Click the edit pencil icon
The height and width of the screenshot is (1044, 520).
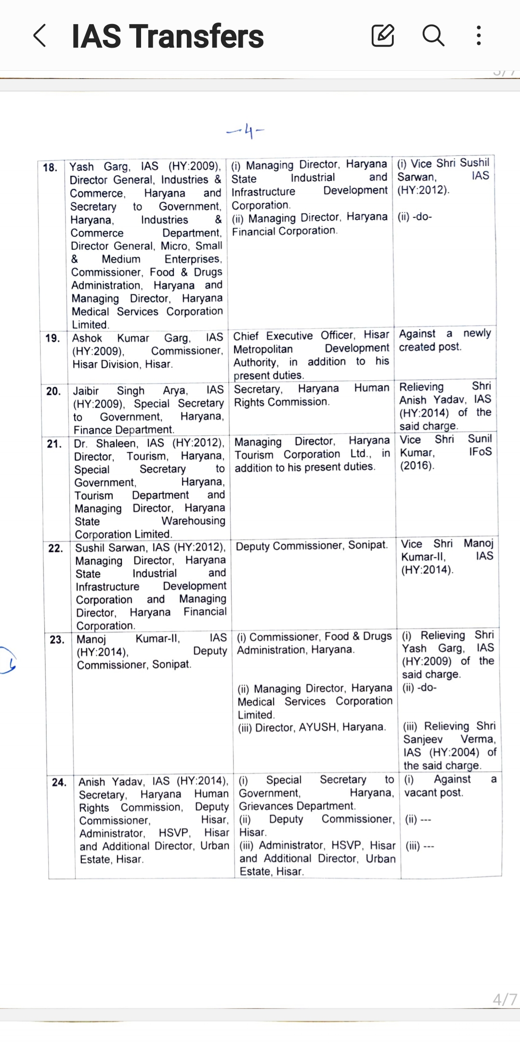point(383,36)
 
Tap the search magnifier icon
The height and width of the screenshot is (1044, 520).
point(433,36)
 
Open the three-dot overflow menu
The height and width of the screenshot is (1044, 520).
point(478,36)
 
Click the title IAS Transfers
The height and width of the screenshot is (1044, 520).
point(168,37)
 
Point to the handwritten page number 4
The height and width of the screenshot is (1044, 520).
point(247,131)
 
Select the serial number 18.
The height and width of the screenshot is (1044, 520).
point(50,168)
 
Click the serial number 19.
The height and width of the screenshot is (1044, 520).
point(52,338)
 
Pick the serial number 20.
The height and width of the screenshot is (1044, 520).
point(53,391)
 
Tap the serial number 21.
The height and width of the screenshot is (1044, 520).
point(54,444)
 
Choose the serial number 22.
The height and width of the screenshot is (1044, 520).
point(55,548)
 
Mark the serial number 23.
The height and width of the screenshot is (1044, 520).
point(57,640)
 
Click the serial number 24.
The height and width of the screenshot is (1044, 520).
point(59,782)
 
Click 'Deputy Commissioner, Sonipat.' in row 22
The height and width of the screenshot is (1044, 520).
point(312,545)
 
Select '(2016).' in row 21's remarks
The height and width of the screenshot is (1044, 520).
point(417,465)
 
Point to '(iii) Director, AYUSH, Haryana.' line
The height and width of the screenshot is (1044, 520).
point(312,727)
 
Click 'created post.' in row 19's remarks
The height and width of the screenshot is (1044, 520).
point(430,347)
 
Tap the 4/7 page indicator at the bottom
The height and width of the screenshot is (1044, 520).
point(504,1000)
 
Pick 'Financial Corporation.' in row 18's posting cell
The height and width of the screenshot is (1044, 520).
point(285,231)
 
